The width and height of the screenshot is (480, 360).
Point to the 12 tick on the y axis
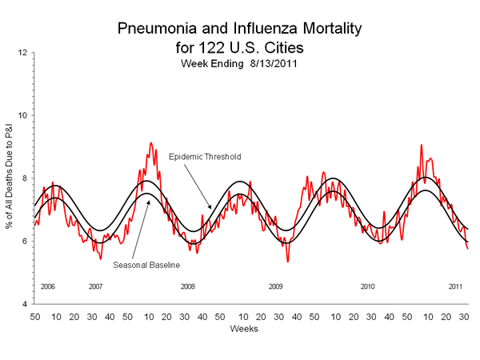[24, 53]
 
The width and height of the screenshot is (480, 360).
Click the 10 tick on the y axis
[24, 115]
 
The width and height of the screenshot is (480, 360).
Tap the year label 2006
[47, 286]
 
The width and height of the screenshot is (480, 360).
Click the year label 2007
[95, 286]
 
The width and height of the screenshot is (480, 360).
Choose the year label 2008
[187, 286]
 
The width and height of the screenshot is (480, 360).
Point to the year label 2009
[276, 286]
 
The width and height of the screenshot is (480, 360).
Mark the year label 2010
[367, 286]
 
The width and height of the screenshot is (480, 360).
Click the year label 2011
[455, 286]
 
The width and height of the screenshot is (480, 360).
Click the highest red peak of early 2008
[150, 143]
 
